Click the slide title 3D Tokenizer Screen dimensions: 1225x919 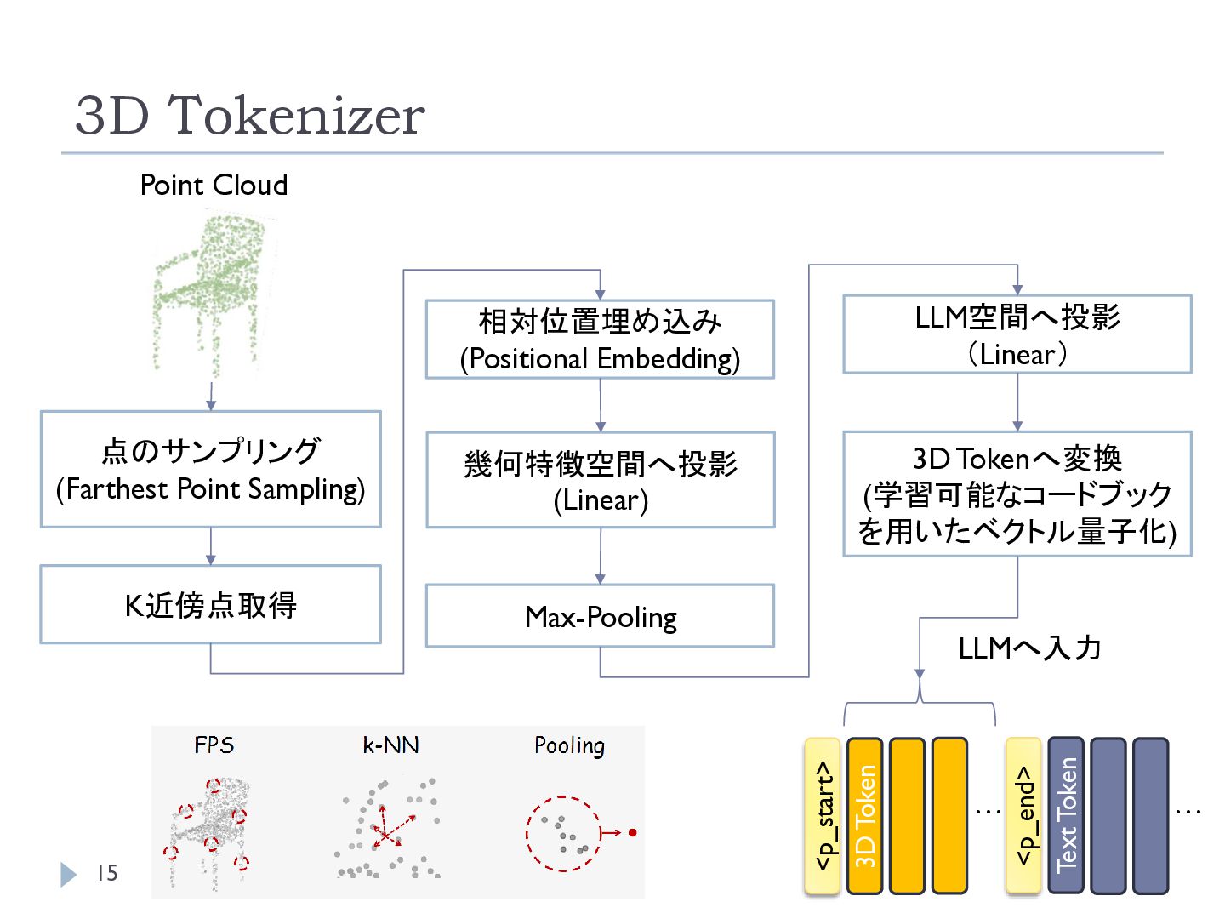tap(250, 115)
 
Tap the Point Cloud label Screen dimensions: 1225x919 tap(214, 185)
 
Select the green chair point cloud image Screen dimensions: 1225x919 tap(211, 293)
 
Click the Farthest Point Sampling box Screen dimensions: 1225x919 tap(211, 469)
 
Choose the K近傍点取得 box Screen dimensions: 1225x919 tap(211, 604)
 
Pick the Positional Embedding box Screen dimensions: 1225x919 tap(600, 340)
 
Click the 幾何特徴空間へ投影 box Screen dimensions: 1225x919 tap(601, 479)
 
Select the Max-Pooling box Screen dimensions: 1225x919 tap(600, 616)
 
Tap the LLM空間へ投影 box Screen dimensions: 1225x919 tap(1017, 334)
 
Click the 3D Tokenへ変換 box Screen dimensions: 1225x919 tap(1017, 494)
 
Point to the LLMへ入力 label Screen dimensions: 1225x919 tap(1029, 648)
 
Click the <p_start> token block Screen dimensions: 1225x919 tap(822, 816)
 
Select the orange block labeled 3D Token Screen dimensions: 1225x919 tap(864, 816)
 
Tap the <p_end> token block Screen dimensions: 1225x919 tap(1023, 816)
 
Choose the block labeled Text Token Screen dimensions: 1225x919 tap(1066, 816)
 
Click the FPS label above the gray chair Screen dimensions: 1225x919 tap(214, 745)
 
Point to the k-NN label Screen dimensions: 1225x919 tap(390, 745)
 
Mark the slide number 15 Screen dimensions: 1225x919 tap(107, 873)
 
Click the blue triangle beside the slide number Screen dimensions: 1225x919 tap(67, 875)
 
